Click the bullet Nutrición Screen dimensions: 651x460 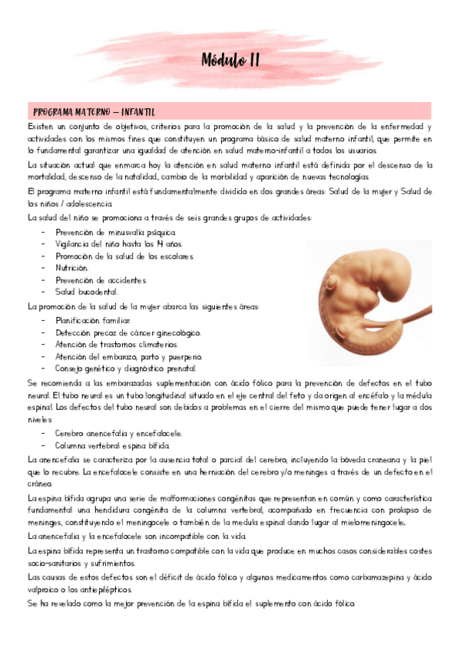click(x=71, y=268)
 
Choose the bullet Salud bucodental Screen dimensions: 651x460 click(x=86, y=292)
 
